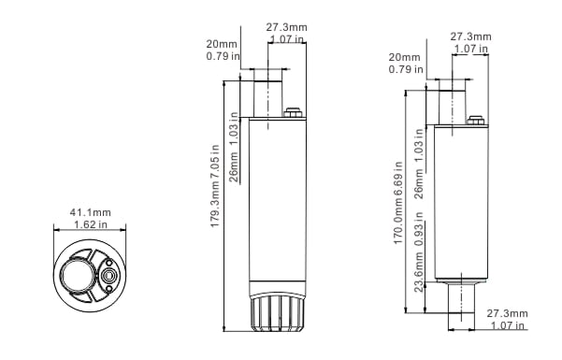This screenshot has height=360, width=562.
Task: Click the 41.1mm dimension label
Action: point(90,212)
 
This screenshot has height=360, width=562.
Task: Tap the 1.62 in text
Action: point(91,224)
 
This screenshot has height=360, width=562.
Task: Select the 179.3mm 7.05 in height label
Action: point(215,186)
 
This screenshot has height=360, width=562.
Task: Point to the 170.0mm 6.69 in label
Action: point(398,203)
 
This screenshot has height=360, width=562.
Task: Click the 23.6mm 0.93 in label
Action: point(419,252)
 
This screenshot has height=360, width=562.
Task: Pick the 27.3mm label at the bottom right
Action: point(507,313)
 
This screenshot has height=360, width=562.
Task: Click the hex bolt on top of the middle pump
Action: point(294,112)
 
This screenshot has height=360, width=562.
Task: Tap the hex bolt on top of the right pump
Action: point(476,121)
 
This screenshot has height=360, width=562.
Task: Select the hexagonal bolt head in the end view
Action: point(108,276)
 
